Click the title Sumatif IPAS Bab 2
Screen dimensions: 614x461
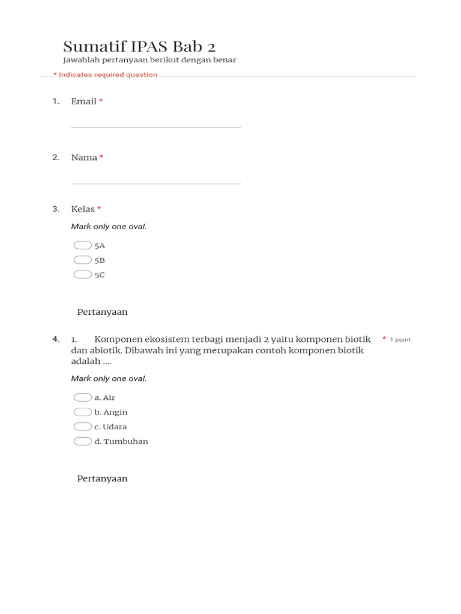tap(139, 47)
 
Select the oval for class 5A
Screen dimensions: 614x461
tap(83, 245)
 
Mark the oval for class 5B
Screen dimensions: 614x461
tap(83, 260)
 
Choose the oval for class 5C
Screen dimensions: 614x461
tap(83, 275)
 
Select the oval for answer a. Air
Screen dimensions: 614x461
tap(83, 398)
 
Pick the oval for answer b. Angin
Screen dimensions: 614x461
tap(83, 412)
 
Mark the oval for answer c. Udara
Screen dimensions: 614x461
tap(83, 426)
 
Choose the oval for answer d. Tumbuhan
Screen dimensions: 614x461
tap(83, 441)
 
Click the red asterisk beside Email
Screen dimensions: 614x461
tap(101, 101)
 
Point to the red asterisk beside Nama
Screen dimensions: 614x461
tap(101, 157)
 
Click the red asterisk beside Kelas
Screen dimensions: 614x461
tap(99, 209)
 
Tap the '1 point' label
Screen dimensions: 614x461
tap(400, 340)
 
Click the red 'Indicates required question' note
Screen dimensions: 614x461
tap(106, 75)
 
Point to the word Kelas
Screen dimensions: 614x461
tap(83, 209)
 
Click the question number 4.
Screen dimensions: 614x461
tap(56, 339)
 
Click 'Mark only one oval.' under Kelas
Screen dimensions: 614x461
tap(109, 227)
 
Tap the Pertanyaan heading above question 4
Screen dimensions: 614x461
tap(102, 312)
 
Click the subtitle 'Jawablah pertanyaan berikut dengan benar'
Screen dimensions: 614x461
tap(149, 60)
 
